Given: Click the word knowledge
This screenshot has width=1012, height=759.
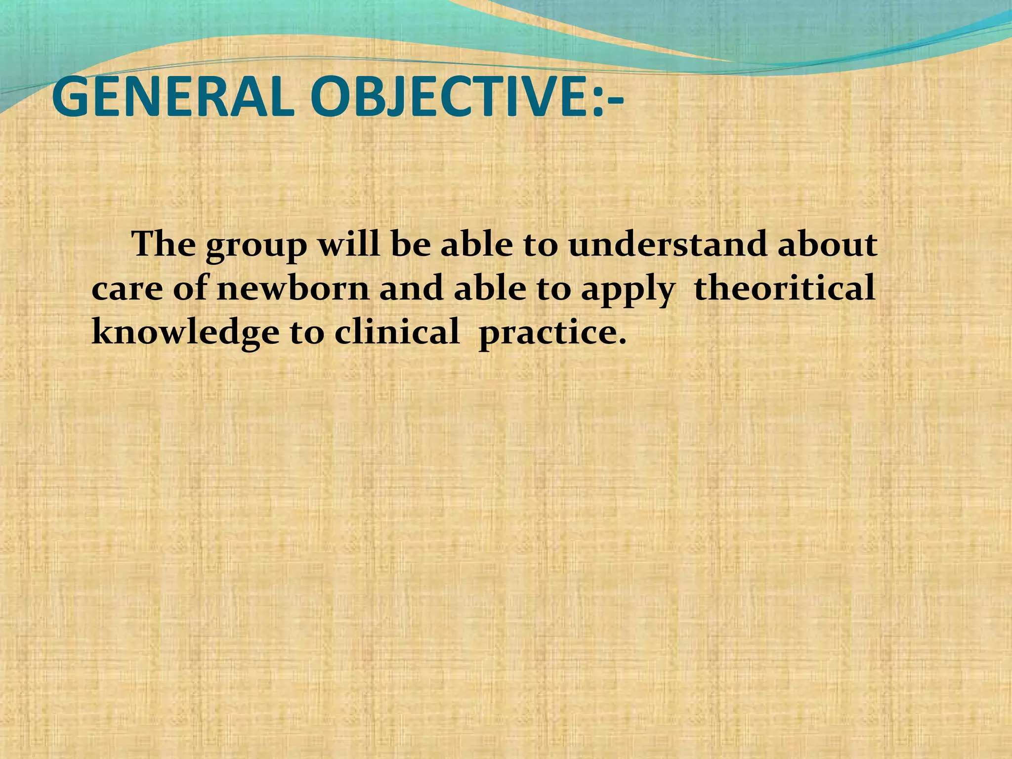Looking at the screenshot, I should [x=185, y=332].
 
